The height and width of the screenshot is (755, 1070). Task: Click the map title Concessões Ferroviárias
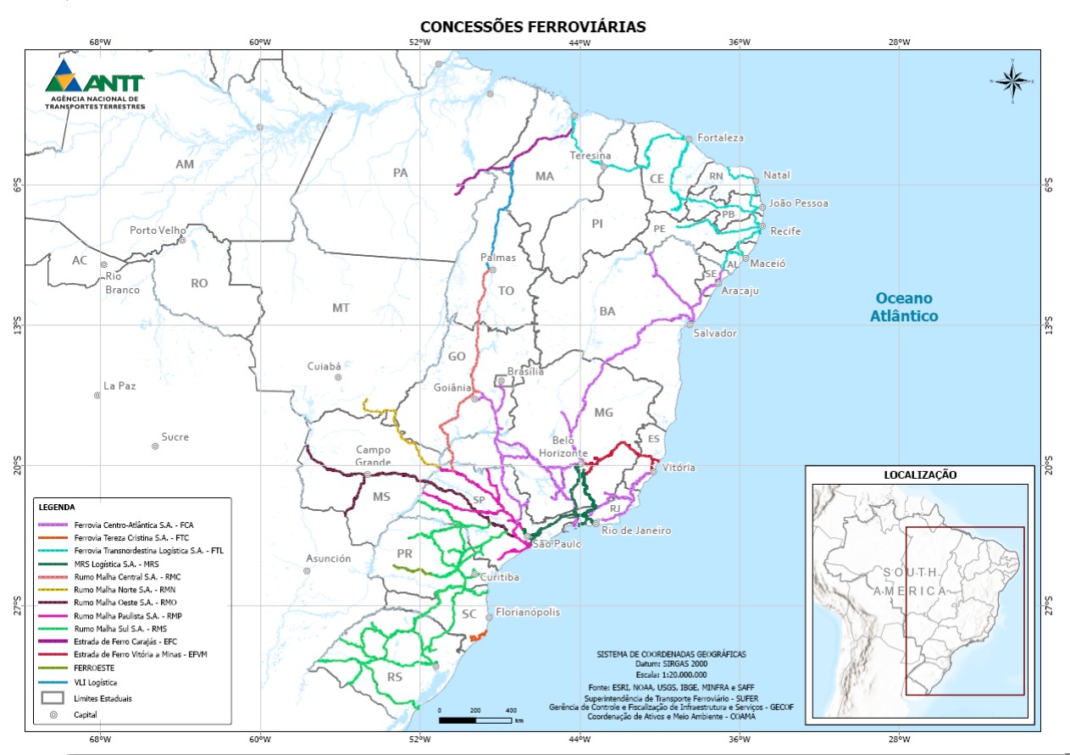tap(534, 26)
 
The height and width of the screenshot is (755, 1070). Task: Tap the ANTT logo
tap(95, 86)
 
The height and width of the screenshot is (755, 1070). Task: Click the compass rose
tap(1012, 80)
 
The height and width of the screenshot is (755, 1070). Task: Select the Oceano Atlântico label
tap(903, 307)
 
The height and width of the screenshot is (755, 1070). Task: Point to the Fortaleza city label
tap(720, 137)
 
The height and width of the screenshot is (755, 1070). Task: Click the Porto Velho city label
tap(157, 230)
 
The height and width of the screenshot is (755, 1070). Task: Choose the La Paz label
tap(119, 386)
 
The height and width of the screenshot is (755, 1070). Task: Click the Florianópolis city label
tap(528, 612)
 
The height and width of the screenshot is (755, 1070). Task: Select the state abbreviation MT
tap(341, 308)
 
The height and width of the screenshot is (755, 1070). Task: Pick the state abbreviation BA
tap(607, 311)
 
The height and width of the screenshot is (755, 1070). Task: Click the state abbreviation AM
tap(185, 164)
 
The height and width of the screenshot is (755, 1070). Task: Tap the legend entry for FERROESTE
tap(94, 668)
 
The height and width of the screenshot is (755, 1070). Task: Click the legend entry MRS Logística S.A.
tap(116, 563)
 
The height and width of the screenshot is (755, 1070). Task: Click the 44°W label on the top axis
tap(579, 42)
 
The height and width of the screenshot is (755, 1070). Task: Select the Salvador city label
tap(715, 333)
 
